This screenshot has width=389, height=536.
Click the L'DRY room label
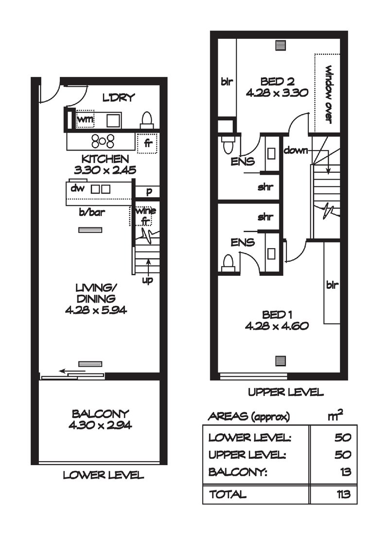tap(118, 98)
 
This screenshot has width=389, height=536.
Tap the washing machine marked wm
tap(86, 118)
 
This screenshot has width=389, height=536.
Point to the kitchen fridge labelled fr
tap(147, 143)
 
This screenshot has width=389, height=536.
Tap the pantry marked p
tap(149, 191)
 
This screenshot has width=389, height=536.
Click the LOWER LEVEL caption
tap(103, 475)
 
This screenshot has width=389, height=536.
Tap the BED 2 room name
tap(277, 82)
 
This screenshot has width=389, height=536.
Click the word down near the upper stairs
tap(296, 150)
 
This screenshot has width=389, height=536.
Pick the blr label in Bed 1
tap(332, 285)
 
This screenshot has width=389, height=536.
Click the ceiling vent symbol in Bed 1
tap(280, 360)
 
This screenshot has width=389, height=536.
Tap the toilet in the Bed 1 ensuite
tap(227, 263)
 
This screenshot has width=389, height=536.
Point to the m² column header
tap(336, 416)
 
